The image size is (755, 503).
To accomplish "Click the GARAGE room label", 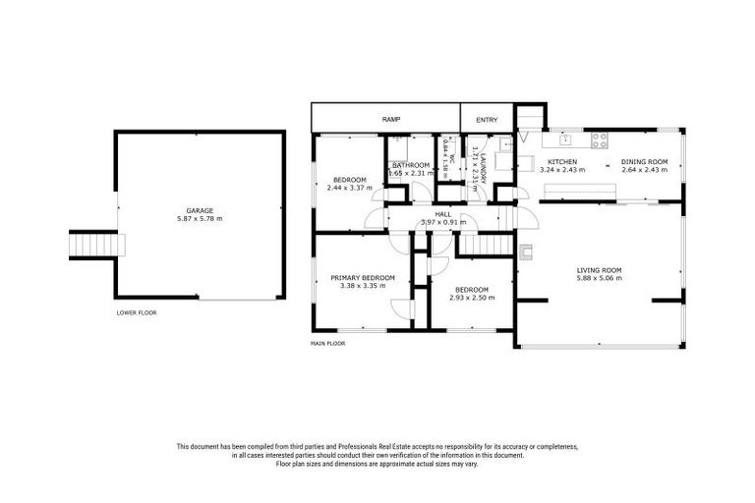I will [x=201, y=210].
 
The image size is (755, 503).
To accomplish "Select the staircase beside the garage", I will [x=92, y=244].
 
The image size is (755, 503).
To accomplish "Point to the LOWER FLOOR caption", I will [x=136, y=312].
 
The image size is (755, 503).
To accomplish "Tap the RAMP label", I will [x=391, y=119].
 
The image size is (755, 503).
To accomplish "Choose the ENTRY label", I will [x=487, y=119].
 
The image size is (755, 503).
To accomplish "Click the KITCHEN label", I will [x=561, y=161].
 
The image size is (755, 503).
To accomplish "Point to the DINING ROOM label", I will [x=645, y=161].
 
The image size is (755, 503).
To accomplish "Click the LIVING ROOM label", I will [x=599, y=269].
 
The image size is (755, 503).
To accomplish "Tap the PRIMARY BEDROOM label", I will [x=362, y=278].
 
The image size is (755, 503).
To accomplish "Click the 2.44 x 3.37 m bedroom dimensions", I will [x=349, y=188].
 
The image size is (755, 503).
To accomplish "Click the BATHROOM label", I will [x=410, y=165].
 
